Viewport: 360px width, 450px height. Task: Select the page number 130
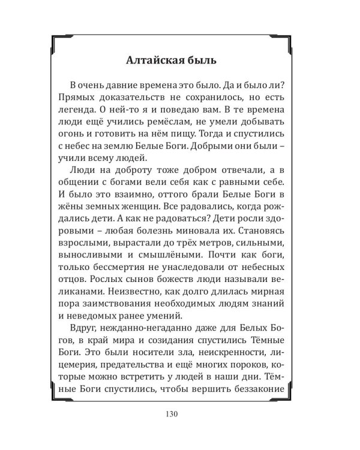[x=179, y=414]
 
